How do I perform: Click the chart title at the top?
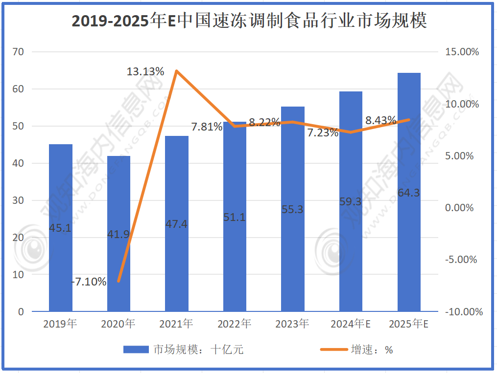pyautogui.click(x=249, y=21)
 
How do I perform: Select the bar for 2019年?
pyautogui.click(x=61, y=227)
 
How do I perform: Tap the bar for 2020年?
pyautogui.click(x=118, y=234)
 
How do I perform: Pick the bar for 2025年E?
pyautogui.click(x=409, y=192)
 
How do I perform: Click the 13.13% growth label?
pyautogui.click(x=145, y=71)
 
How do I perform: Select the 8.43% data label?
pyautogui.click(x=380, y=120)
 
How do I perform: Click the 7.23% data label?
pyautogui.click(x=323, y=132)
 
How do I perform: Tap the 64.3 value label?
pyautogui.click(x=409, y=193)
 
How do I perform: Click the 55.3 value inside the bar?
pyautogui.click(x=292, y=209)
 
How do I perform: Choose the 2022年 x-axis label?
pyautogui.click(x=235, y=324)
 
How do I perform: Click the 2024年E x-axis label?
pyautogui.click(x=350, y=324)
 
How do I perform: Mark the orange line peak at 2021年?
pyautogui.click(x=176, y=71)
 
